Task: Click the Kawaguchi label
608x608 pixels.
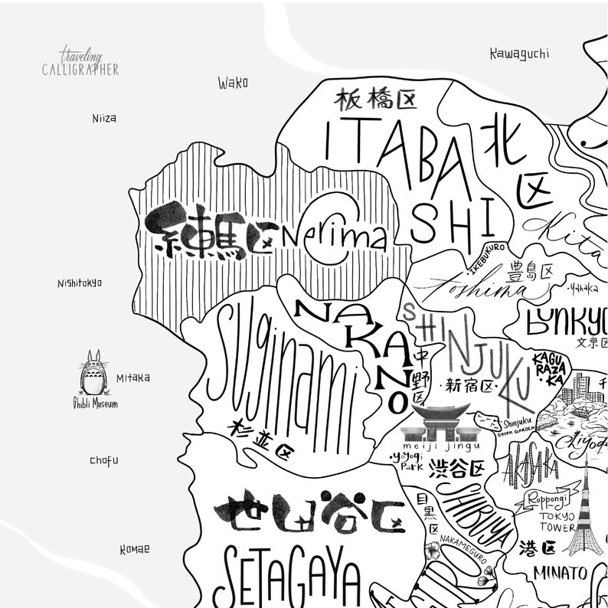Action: click(519, 54)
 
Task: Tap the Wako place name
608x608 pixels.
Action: click(232, 83)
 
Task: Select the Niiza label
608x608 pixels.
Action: click(104, 119)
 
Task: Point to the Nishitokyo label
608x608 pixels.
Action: click(79, 283)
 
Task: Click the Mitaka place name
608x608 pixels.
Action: click(132, 378)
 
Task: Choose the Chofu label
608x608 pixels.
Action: click(104, 461)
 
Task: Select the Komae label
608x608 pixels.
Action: click(135, 549)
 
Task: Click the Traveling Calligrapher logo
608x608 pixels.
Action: click(80, 62)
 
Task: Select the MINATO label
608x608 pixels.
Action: click(561, 573)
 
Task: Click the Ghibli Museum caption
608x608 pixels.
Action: click(95, 404)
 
